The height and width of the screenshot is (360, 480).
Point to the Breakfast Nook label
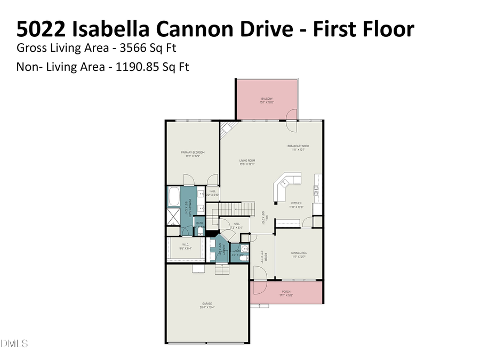tap(298, 148)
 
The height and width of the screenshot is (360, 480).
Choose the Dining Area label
tap(298, 254)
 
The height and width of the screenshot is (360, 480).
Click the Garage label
tap(207, 305)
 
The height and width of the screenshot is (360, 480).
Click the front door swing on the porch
tap(259, 274)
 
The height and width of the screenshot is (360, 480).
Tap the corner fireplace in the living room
tap(228, 128)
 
